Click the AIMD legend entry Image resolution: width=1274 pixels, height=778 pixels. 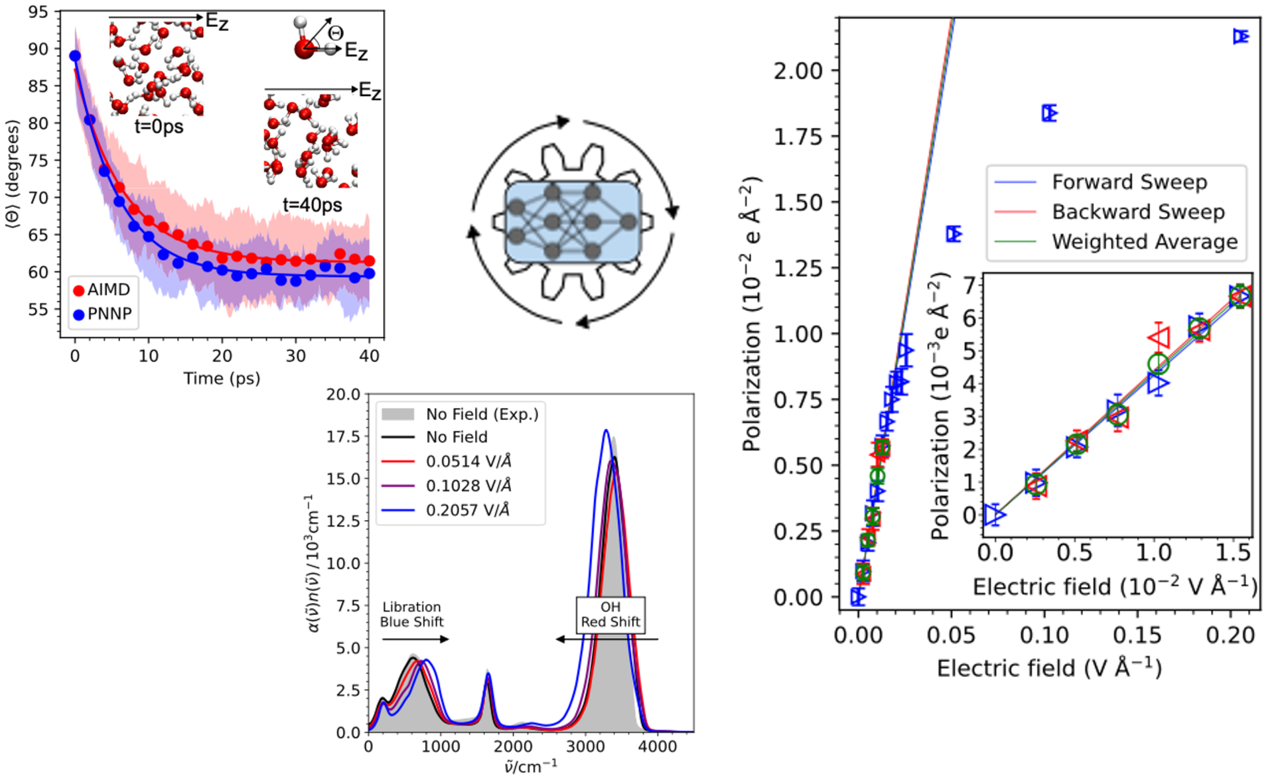click(x=103, y=290)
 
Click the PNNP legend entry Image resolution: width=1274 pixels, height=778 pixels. click(x=103, y=314)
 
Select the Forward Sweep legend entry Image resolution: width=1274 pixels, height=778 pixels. click(x=1129, y=182)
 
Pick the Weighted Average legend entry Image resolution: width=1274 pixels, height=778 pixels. click(x=1144, y=241)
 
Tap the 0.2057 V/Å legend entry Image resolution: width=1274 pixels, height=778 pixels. click(x=467, y=510)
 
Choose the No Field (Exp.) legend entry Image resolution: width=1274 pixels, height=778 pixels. click(x=482, y=415)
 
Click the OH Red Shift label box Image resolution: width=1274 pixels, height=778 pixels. click(x=610, y=615)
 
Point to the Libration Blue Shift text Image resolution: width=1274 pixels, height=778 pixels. click(x=411, y=614)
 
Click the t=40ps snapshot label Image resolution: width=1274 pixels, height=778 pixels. click(x=312, y=205)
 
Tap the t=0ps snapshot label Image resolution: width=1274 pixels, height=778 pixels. click(x=159, y=126)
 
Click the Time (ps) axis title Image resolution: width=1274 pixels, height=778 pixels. click(x=222, y=378)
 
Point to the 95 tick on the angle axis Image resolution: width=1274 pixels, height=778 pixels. click(x=38, y=12)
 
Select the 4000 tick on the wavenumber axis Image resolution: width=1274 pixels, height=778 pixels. click(x=658, y=747)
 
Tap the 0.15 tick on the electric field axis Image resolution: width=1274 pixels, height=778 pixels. click(x=1137, y=635)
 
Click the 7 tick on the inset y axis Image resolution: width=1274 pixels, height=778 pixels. click(x=969, y=285)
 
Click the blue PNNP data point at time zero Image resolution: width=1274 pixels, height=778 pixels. click(x=75, y=56)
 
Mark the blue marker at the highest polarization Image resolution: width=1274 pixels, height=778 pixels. click(x=1240, y=36)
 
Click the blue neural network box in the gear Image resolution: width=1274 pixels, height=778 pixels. click(x=573, y=222)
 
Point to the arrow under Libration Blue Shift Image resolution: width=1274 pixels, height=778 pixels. click(x=415, y=639)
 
